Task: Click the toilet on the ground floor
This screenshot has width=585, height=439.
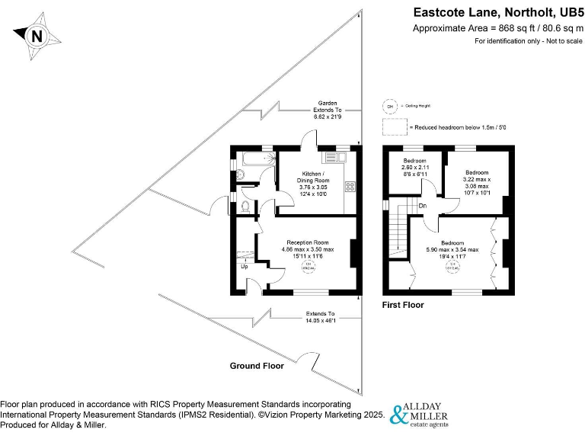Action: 245,205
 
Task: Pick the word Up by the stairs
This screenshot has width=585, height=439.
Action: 245,267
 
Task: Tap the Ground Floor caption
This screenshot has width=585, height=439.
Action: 257,366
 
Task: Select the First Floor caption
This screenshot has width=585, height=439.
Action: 403,305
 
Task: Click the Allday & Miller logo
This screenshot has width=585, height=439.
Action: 419,414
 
